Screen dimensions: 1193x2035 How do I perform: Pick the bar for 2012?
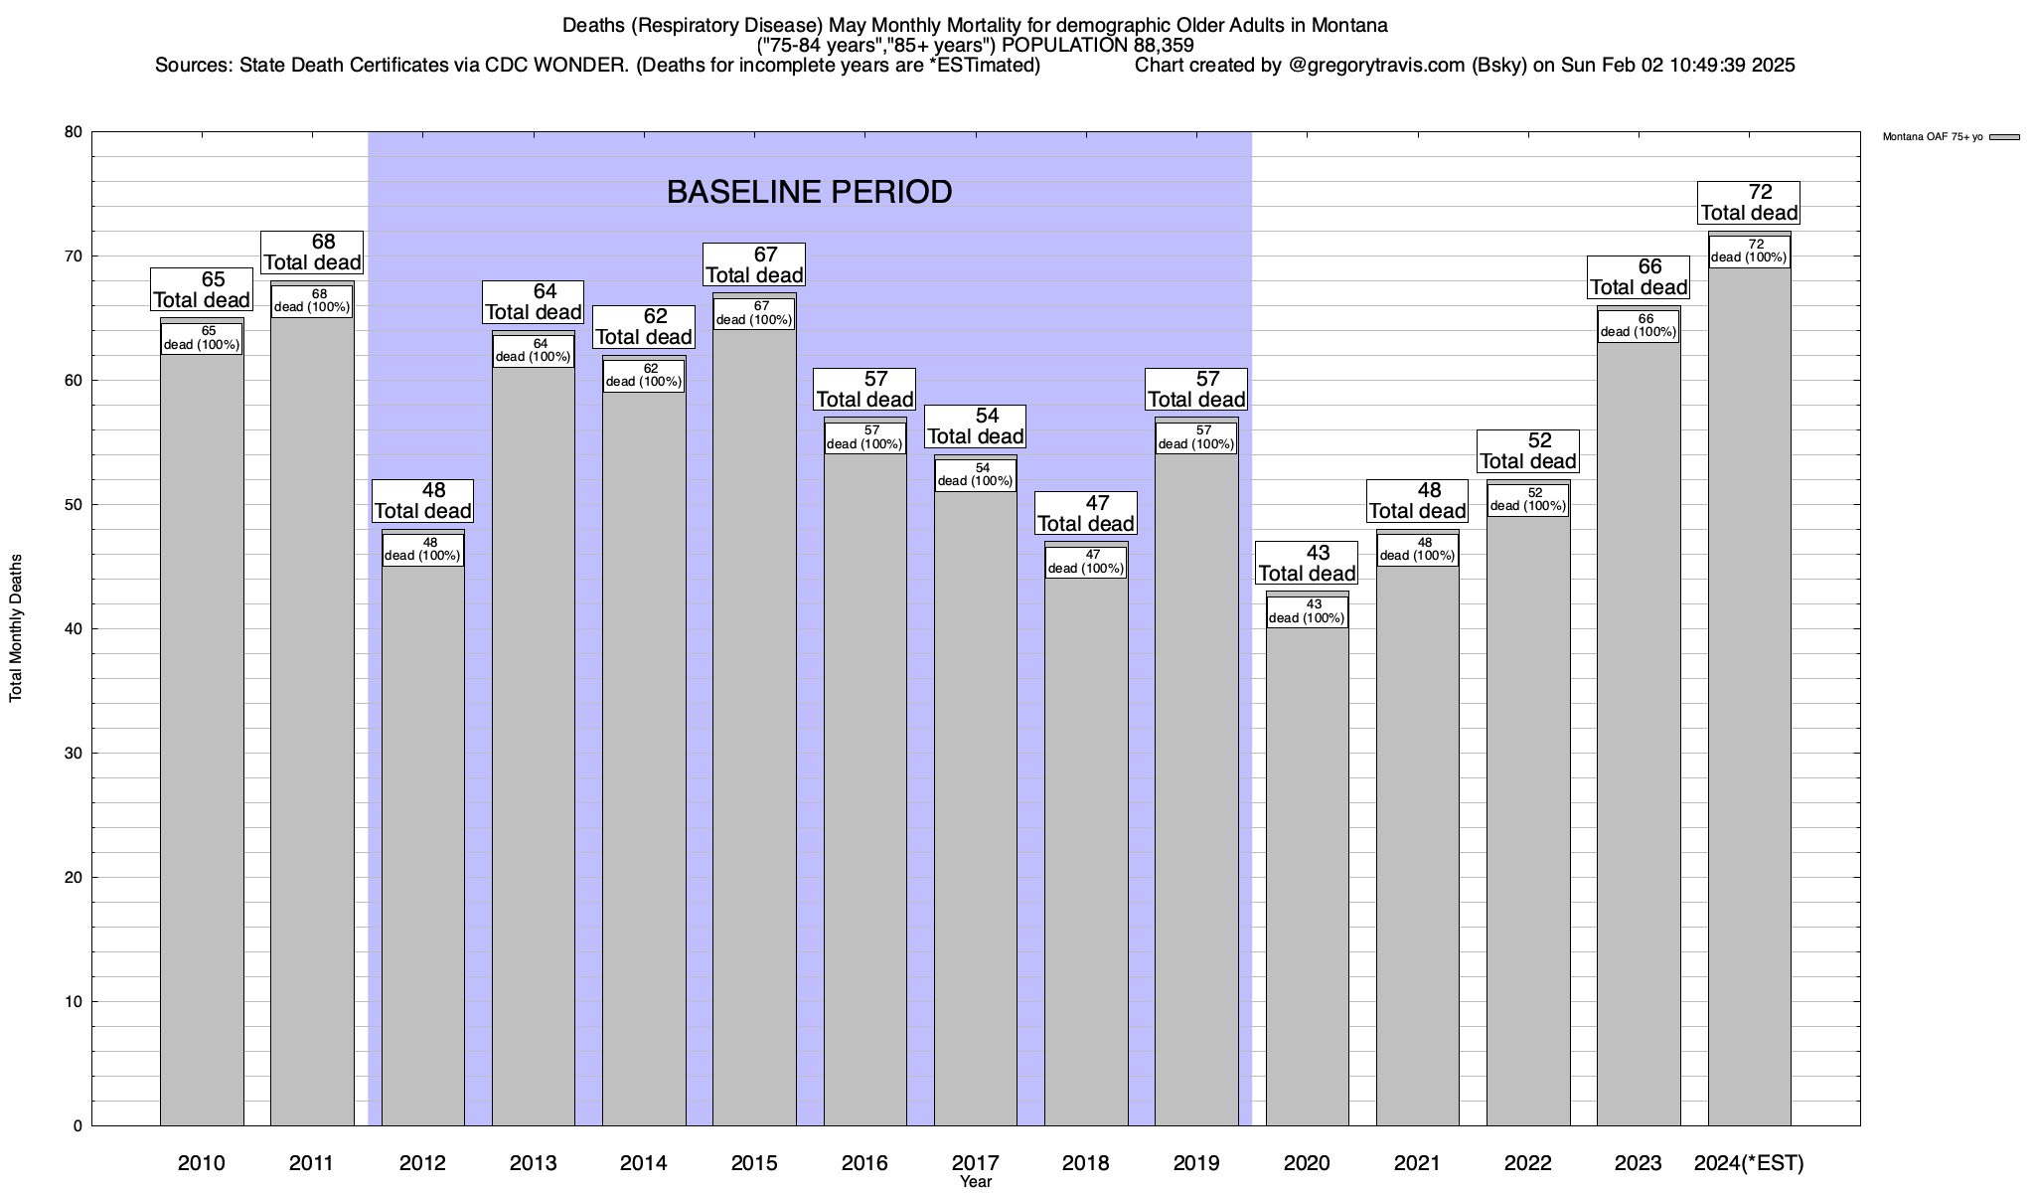422,845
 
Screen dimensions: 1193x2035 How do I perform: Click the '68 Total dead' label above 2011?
312,253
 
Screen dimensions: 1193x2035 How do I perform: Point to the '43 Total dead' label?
1307,564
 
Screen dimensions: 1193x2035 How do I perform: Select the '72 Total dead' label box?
1749,203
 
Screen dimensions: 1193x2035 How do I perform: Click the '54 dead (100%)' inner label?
976,475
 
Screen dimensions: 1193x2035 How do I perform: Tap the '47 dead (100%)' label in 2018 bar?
1086,563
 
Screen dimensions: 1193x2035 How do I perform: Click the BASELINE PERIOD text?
809,192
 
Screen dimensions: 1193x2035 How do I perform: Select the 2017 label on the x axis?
976,1163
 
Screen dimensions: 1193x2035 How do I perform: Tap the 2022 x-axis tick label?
1527,1163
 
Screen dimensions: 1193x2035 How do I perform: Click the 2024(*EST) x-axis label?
1749,1163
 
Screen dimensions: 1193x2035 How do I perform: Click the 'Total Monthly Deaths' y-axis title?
16,628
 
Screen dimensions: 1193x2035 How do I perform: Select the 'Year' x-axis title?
976,1182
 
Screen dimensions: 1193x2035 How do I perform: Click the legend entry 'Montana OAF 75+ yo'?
1933,137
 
